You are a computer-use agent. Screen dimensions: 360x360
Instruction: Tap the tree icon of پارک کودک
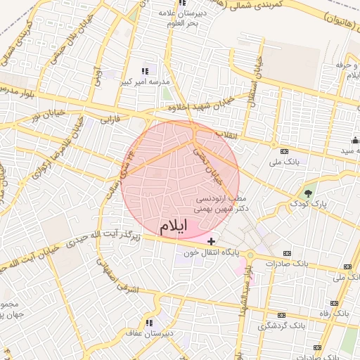(307, 191)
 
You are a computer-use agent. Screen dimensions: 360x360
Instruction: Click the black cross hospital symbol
(212, 241)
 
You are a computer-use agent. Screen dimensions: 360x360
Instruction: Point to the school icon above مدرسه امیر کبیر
(145, 71)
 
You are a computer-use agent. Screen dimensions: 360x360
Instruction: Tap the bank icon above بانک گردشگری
(281, 315)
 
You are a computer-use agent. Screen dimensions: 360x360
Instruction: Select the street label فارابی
(110, 120)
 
